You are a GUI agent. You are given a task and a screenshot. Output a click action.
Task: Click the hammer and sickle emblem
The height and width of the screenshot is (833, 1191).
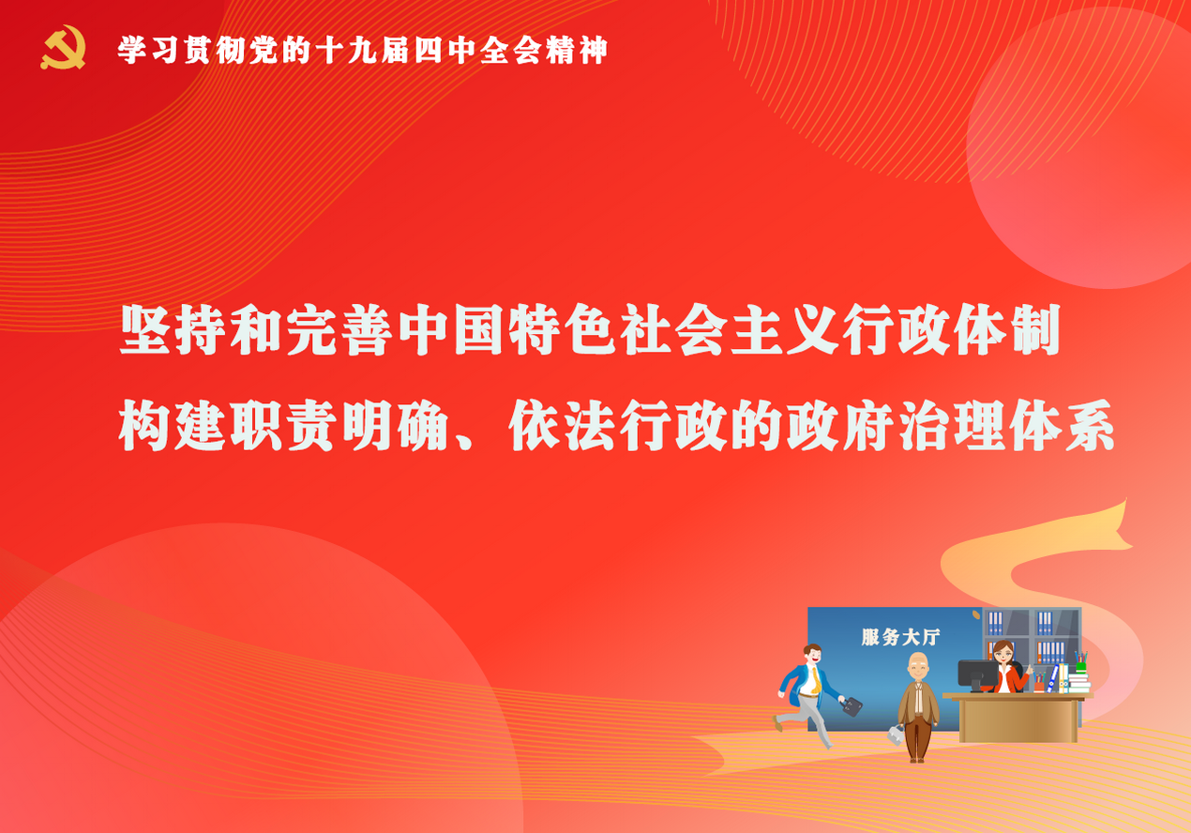click(63, 47)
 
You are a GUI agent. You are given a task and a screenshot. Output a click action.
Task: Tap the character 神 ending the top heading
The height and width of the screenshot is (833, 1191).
click(593, 51)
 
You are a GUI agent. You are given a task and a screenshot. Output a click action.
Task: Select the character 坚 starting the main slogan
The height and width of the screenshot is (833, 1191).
click(145, 330)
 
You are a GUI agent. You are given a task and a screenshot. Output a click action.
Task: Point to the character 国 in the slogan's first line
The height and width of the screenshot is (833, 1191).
click(479, 330)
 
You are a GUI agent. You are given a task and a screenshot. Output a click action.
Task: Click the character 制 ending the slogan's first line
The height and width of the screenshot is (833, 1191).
click(1036, 330)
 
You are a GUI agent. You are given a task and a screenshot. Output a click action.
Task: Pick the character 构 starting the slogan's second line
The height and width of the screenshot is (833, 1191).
click(144, 426)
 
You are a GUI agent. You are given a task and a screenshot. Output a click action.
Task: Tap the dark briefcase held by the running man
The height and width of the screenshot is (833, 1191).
click(852, 706)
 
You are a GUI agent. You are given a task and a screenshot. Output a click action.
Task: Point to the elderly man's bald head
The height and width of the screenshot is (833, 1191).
click(918, 661)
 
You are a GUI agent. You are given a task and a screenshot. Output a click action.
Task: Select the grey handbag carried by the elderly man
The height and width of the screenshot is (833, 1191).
click(896, 735)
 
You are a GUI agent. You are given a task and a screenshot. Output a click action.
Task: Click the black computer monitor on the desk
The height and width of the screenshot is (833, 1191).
click(978, 674)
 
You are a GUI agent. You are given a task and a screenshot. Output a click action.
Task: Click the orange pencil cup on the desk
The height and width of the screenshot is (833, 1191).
click(1039, 686)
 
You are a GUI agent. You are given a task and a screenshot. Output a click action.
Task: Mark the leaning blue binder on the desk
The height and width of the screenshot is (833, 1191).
click(1053, 678)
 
